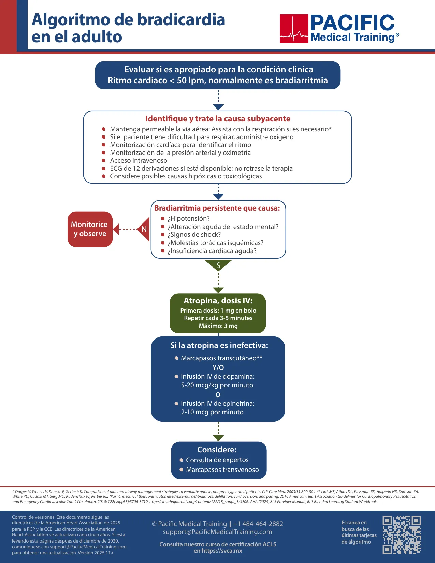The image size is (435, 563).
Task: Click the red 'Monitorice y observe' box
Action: click(x=90, y=229)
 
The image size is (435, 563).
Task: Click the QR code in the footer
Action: click(x=402, y=535)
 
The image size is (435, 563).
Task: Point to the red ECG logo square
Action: click(x=294, y=29)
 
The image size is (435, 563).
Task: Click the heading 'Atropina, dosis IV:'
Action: click(x=218, y=301)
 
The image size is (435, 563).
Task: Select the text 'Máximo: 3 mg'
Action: click(x=218, y=326)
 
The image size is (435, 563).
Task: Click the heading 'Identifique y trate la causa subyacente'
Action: click(x=218, y=119)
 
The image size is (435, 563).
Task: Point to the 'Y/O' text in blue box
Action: click(x=218, y=367)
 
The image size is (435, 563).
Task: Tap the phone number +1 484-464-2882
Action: click(x=258, y=524)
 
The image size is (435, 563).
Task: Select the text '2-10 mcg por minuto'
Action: click(x=212, y=412)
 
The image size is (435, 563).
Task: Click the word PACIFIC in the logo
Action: click(x=352, y=23)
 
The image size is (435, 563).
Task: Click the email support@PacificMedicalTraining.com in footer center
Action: click(x=218, y=532)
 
